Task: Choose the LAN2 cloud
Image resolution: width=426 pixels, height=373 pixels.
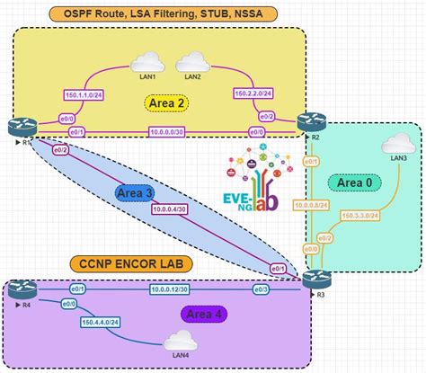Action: pyautogui.click(x=192, y=62)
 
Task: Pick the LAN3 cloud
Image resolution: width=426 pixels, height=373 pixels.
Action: pyautogui.click(x=397, y=144)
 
